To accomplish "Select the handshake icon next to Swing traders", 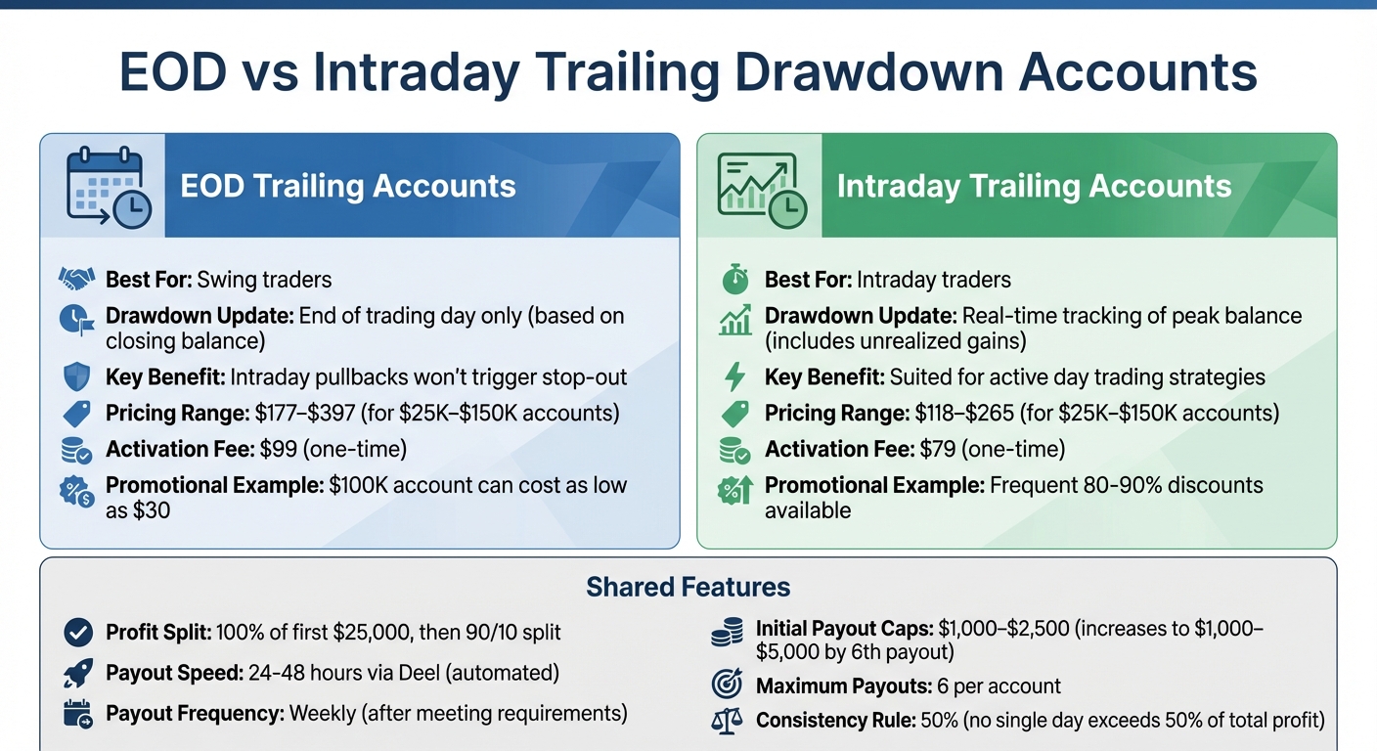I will click(77, 280).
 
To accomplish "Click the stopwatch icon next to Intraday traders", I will click(734, 280).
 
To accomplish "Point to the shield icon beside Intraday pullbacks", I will click(77, 377).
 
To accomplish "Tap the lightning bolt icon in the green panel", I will click(734, 377).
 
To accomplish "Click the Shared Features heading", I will click(688, 588).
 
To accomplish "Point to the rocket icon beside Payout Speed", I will click(77, 673).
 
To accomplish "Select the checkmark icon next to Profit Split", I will click(77, 633).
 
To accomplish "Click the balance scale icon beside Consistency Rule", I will click(726, 722).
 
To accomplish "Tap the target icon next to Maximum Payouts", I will click(726, 686).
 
